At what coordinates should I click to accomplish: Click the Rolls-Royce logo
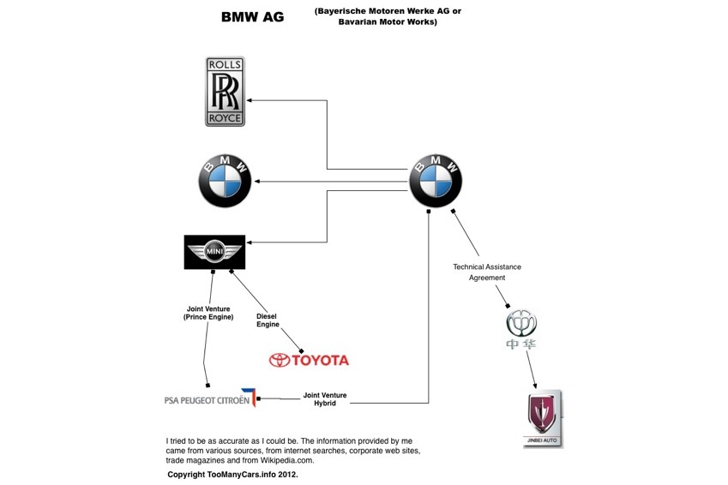225,92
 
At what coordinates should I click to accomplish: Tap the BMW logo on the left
225,182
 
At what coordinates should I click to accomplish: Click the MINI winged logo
214,252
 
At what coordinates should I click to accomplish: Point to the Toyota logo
309,360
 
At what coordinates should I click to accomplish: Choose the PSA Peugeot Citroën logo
211,398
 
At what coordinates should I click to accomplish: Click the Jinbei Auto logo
543,418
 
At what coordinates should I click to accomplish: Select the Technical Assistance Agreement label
486,272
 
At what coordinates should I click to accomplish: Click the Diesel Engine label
268,320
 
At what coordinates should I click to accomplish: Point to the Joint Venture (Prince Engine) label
208,313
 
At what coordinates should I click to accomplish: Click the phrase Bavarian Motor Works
387,22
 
